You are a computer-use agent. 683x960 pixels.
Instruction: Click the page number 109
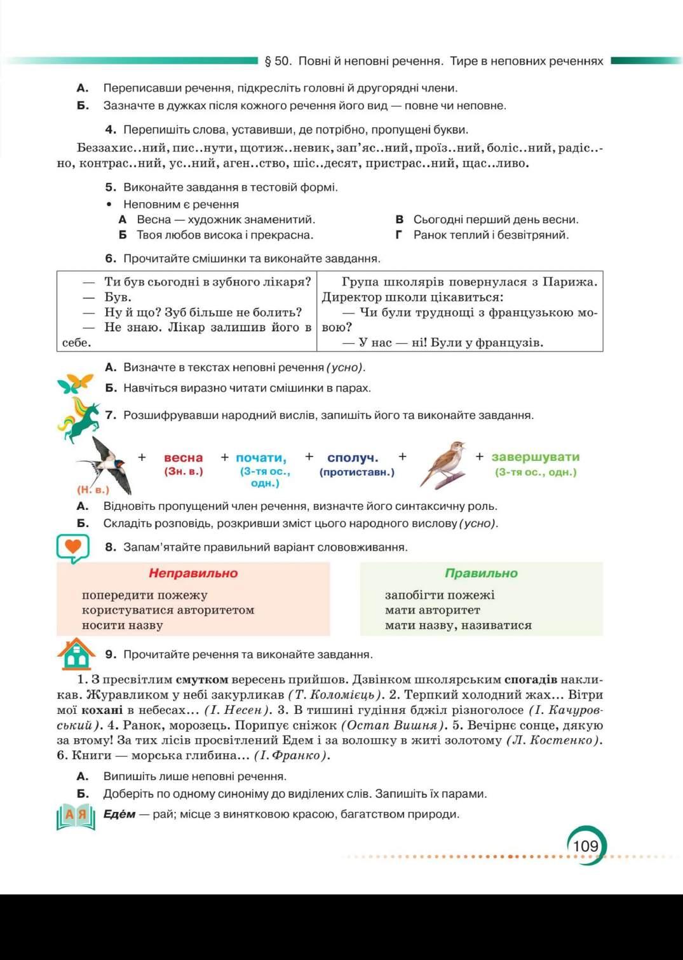[x=585, y=846]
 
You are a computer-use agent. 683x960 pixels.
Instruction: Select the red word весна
[x=183, y=458]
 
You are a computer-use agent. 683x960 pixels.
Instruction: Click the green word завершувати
[x=535, y=456]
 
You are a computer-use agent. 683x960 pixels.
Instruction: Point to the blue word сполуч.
[x=353, y=458]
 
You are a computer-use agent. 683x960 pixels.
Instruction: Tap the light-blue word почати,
[x=261, y=458]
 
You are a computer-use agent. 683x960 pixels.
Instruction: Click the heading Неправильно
[x=193, y=573]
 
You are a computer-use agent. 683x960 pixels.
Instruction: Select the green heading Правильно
[x=481, y=573]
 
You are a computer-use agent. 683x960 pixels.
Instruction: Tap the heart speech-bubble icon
[x=72, y=547]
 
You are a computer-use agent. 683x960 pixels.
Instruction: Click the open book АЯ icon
[x=76, y=816]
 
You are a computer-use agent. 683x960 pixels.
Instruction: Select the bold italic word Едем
[x=119, y=814]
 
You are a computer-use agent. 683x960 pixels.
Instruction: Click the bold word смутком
[x=201, y=679]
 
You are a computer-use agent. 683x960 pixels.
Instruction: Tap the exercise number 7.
[x=111, y=415]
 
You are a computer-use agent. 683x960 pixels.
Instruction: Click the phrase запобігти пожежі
[x=440, y=595]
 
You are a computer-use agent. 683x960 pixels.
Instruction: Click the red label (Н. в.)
[x=93, y=490]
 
